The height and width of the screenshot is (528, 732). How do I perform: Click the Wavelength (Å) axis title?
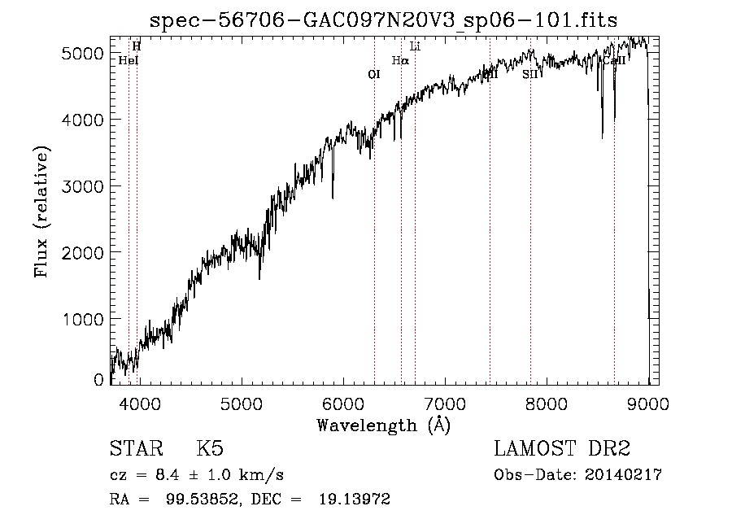point(382,425)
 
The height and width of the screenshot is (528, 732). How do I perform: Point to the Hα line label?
point(400,60)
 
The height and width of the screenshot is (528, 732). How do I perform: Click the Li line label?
point(415,46)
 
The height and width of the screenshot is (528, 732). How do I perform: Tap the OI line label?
point(374,74)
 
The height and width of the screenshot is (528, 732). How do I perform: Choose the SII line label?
point(530,74)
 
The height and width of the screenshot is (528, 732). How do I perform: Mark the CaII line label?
point(612,60)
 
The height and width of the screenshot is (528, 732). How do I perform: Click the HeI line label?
point(129,60)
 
